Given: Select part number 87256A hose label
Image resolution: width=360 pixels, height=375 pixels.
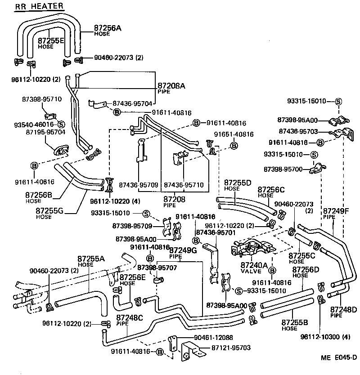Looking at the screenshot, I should [108, 28].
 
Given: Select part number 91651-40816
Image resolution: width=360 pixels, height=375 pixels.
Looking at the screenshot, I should [234, 134].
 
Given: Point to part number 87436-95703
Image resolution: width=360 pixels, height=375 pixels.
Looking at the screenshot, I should [298, 131].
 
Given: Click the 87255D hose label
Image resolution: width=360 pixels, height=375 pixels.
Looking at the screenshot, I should [238, 183].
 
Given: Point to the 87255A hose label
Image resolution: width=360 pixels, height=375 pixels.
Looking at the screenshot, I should [91, 259].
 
